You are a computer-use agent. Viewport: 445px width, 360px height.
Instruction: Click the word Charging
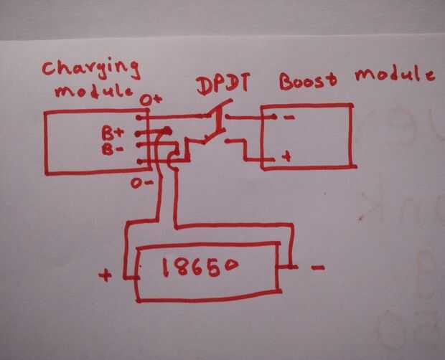[89, 69]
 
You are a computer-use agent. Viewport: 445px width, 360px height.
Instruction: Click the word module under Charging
[85, 90]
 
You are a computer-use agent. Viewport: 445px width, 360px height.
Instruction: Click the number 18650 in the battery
[200, 267]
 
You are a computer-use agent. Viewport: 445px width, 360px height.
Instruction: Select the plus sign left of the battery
[106, 274]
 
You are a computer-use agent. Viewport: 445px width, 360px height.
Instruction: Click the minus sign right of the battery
[318, 267]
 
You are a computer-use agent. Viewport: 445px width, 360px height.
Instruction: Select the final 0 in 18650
[228, 265]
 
